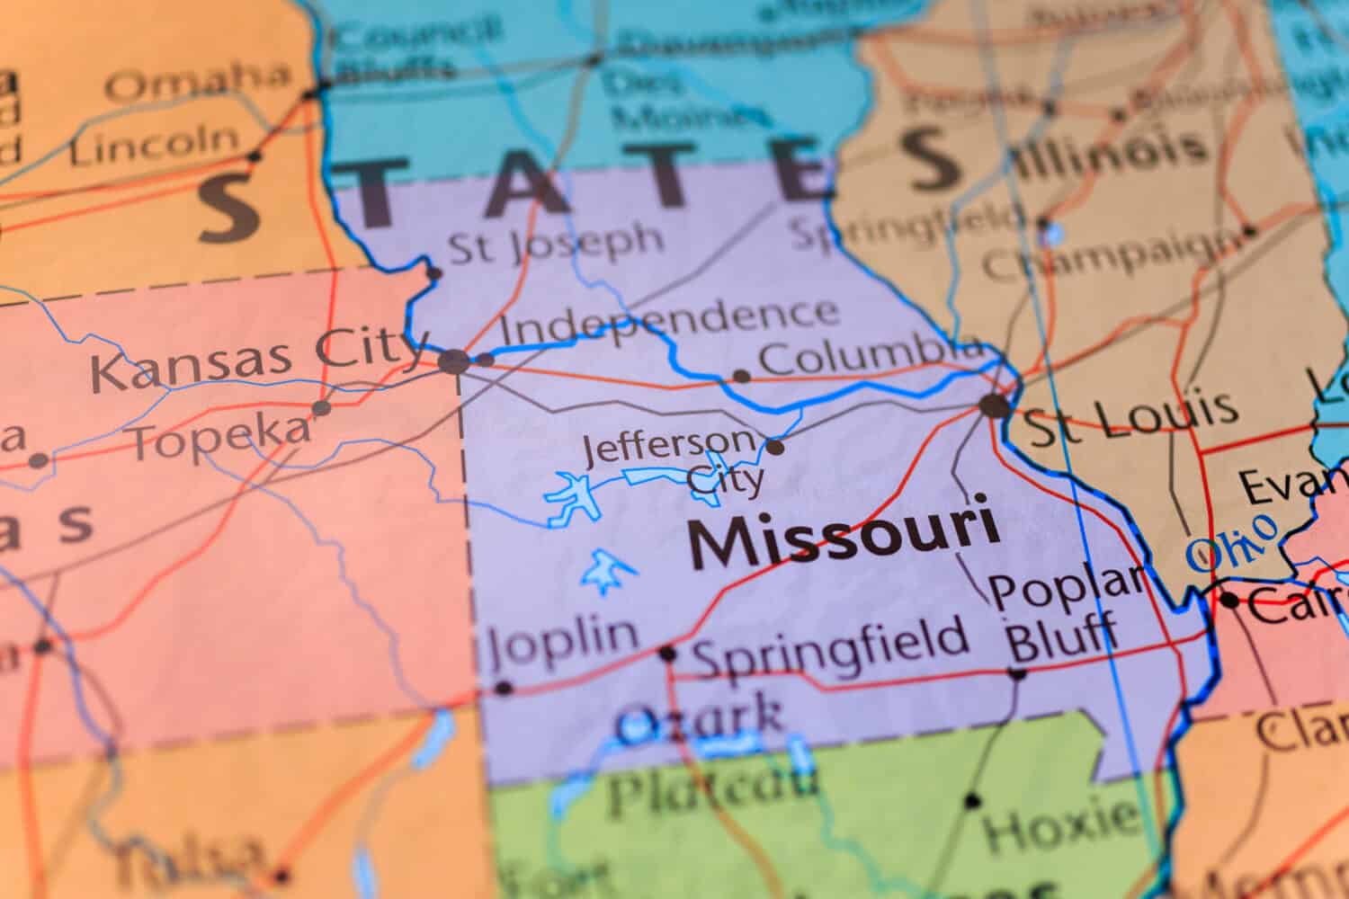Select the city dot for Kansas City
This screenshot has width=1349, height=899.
pyautogui.click(x=454, y=362)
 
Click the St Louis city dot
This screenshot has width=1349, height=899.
pyautogui.click(x=995, y=405)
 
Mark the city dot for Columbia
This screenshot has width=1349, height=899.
pyautogui.click(x=742, y=376)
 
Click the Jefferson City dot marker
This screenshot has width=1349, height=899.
pyautogui.click(x=774, y=446)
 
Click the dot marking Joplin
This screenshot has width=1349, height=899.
pyautogui.click(x=504, y=689)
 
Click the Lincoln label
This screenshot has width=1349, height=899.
pyautogui.click(x=155, y=145)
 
